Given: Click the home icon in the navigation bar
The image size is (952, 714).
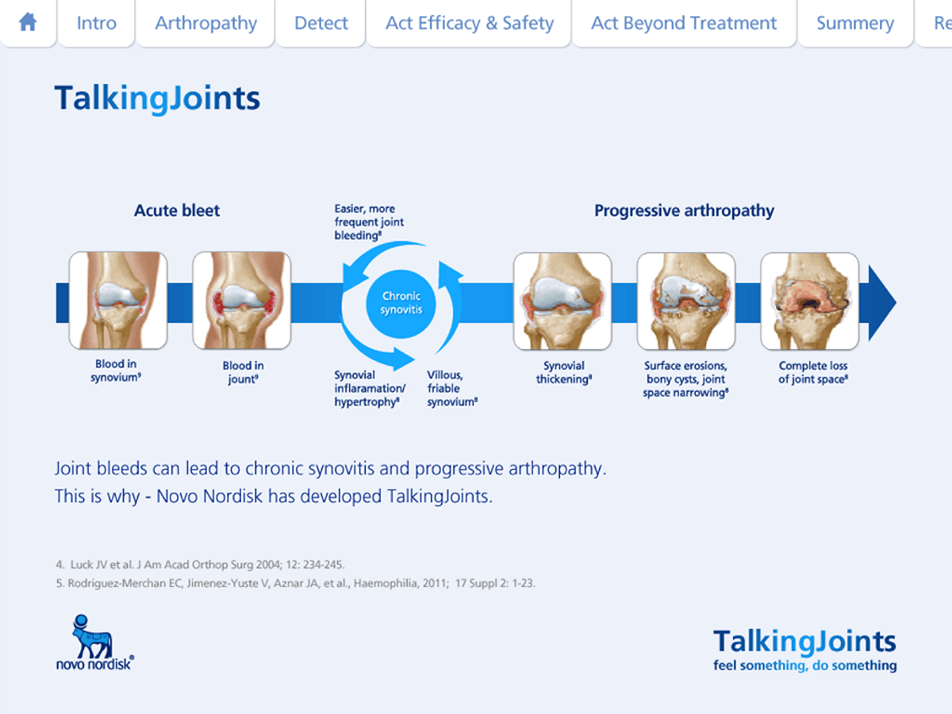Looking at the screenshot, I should (x=28, y=22).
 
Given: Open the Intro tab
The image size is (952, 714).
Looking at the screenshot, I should (x=96, y=23).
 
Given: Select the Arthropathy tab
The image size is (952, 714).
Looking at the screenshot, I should (x=205, y=23).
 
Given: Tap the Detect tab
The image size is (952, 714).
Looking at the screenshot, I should (x=321, y=23).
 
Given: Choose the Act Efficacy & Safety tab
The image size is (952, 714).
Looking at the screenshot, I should (x=469, y=23).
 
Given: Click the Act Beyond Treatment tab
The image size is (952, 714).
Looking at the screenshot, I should (x=684, y=23).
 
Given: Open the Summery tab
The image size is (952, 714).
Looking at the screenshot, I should (x=855, y=24).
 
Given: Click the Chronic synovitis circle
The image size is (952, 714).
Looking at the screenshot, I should (x=401, y=302).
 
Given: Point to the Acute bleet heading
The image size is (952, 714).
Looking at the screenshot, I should (x=177, y=211).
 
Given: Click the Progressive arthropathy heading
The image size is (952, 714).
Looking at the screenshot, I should (x=684, y=211).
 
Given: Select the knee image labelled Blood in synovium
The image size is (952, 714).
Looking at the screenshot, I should (x=118, y=301).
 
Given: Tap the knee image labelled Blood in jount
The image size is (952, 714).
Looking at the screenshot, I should (x=242, y=301).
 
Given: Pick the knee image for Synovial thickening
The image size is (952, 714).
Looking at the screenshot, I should (x=562, y=301).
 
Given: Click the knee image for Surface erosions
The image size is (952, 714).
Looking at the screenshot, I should (x=686, y=301).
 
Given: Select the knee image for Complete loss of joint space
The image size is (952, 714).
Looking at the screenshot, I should (x=809, y=301).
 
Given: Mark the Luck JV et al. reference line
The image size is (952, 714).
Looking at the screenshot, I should (x=200, y=565).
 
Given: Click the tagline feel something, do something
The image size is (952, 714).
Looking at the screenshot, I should (x=804, y=666).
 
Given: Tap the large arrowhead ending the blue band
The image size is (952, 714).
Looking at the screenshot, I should (x=881, y=302).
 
